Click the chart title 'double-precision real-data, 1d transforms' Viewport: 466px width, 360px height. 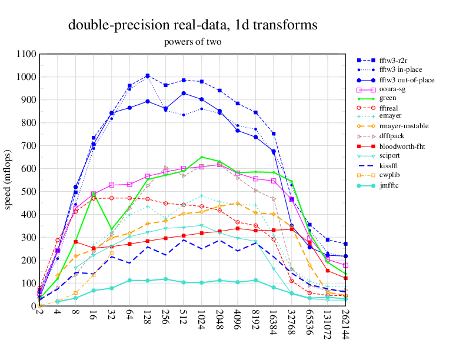193,25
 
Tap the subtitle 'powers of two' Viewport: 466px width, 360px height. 192,42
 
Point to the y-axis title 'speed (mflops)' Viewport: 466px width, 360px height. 9,180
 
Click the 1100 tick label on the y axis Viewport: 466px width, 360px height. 26,54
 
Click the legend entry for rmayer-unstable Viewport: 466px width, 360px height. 404,126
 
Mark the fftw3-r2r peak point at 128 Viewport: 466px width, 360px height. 147,75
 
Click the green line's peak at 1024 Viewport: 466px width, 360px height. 202,157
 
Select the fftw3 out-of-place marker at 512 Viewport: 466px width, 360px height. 184,93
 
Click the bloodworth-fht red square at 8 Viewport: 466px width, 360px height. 75,242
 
